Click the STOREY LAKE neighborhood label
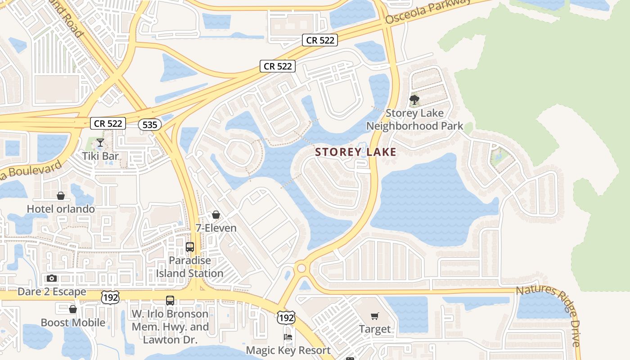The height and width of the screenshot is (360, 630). pyautogui.click(x=355, y=152)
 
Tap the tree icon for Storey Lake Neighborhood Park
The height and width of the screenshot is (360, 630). pyautogui.click(x=414, y=100)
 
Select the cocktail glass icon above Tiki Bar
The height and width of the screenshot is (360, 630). pyautogui.click(x=100, y=143)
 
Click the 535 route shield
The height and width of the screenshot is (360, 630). pyautogui.click(x=149, y=125)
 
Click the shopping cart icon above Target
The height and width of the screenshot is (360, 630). pyautogui.click(x=375, y=316)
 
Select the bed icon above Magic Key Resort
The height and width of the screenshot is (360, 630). pyautogui.click(x=288, y=337)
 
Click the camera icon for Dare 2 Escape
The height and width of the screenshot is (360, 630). pyautogui.click(x=52, y=278)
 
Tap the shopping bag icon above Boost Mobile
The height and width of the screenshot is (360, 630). pyautogui.click(x=73, y=309)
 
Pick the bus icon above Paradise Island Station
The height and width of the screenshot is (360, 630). pyautogui.click(x=190, y=247)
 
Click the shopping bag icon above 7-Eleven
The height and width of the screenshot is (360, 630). pyautogui.click(x=216, y=215)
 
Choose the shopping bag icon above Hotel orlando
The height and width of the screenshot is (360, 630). pyautogui.click(x=61, y=196)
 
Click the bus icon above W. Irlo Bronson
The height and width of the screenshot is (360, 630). pyautogui.click(x=170, y=300)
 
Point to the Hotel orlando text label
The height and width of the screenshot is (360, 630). pyautogui.click(x=61, y=209)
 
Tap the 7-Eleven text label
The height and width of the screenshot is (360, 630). pyautogui.click(x=216, y=228)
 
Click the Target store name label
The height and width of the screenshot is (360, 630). pyautogui.click(x=375, y=329)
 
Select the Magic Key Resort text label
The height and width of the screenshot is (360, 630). pyautogui.click(x=288, y=350)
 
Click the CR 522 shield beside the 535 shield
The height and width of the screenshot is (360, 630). pyautogui.click(x=108, y=123)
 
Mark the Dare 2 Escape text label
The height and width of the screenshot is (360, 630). pyautogui.click(x=52, y=292)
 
